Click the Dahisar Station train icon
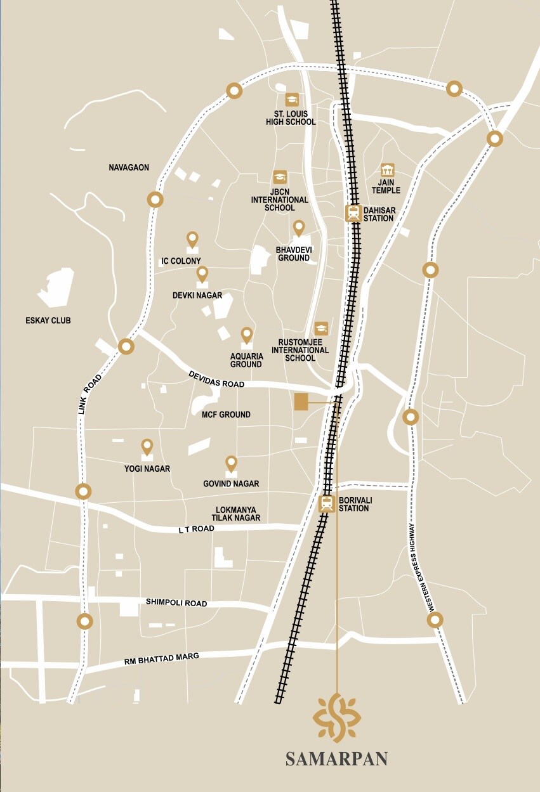click(353, 213)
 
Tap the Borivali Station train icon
click(326, 503)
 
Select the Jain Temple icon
click(387, 170)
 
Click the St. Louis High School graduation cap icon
click(292, 99)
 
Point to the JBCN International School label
click(280, 199)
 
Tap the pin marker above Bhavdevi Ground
click(298, 228)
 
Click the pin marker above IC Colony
click(193, 239)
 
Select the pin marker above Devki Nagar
click(202, 274)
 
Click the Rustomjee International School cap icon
click(322, 328)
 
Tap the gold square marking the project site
click(301, 402)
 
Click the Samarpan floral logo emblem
click(337, 718)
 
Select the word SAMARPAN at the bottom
click(336, 759)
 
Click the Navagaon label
click(129, 167)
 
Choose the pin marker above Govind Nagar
click(231, 464)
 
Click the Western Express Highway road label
click(421, 566)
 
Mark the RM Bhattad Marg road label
click(162, 659)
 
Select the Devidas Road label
click(216, 380)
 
